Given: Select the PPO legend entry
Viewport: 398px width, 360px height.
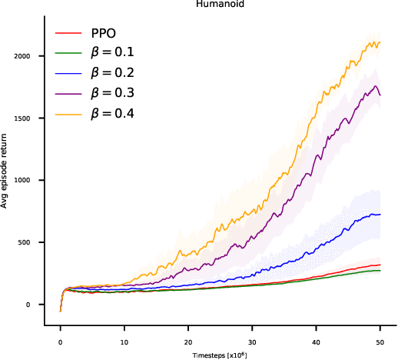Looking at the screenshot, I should point(103,34).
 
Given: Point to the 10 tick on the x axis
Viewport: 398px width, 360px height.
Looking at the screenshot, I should point(124,340).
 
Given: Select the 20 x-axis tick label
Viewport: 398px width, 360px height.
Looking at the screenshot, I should point(188,340).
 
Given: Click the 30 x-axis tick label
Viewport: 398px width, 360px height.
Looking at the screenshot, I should point(252,340).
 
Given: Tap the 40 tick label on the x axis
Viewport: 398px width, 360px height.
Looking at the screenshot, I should point(316,340).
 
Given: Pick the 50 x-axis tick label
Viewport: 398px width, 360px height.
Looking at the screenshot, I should point(380,340).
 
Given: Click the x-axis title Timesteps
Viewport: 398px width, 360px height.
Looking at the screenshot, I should point(220,355).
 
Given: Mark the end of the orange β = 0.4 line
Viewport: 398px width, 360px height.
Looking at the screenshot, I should point(380,43).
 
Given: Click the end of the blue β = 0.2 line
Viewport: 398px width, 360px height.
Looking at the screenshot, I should point(380,215).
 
